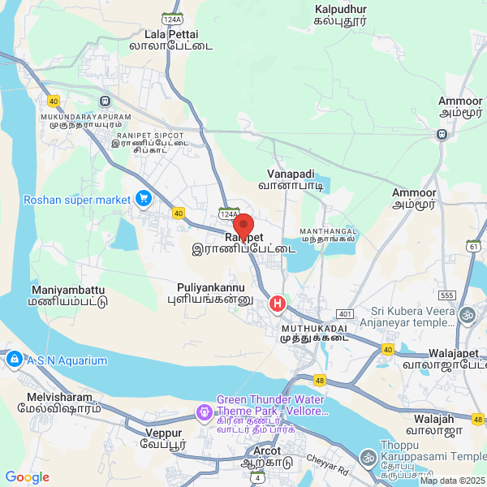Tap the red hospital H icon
pos(278,304)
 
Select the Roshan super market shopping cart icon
pos(144,198)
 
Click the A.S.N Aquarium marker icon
pos(14,359)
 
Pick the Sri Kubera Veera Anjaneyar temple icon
pos(467,314)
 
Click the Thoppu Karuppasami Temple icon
pos(368,459)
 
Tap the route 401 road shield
pos(345,314)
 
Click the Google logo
pos(28,477)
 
